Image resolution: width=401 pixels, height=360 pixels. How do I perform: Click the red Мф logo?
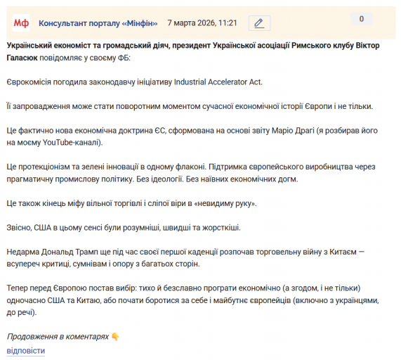(22, 23)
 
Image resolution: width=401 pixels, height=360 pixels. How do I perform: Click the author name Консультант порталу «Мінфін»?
(98, 23)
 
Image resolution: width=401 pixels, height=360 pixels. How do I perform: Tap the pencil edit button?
(259, 23)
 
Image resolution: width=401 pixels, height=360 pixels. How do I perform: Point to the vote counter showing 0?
(362, 19)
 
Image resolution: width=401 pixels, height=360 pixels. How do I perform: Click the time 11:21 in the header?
(227, 23)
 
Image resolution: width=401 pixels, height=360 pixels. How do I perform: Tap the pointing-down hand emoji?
(115, 337)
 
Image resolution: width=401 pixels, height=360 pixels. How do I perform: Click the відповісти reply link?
(26, 350)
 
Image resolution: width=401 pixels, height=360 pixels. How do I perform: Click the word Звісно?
(20, 228)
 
